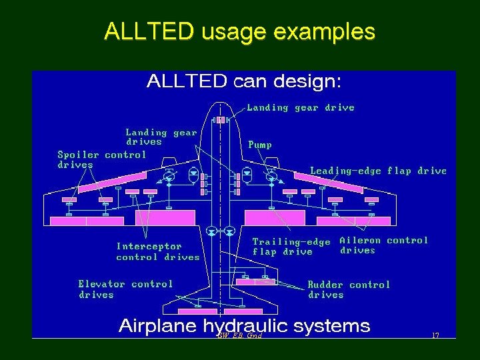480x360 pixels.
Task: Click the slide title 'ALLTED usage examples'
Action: click(x=239, y=31)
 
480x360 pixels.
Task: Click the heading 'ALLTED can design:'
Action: click(x=243, y=81)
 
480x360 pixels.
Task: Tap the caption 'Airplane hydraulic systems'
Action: click(x=244, y=325)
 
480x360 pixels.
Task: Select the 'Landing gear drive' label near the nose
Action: click(x=301, y=107)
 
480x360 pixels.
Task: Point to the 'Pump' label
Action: click(x=260, y=144)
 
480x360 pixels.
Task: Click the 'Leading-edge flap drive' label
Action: click(x=378, y=171)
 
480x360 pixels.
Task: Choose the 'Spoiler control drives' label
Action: click(x=101, y=159)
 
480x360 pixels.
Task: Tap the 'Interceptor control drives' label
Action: click(x=157, y=251)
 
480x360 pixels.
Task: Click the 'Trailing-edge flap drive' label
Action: click(x=291, y=247)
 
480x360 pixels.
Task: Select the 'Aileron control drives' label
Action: click(x=383, y=245)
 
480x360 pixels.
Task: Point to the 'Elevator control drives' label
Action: click(x=125, y=289)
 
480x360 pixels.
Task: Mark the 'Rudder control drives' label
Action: click(x=349, y=289)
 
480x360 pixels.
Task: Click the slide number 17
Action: click(x=435, y=335)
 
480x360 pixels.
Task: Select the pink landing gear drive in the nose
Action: click(x=220, y=120)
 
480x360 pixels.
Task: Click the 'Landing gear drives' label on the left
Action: click(x=161, y=137)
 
